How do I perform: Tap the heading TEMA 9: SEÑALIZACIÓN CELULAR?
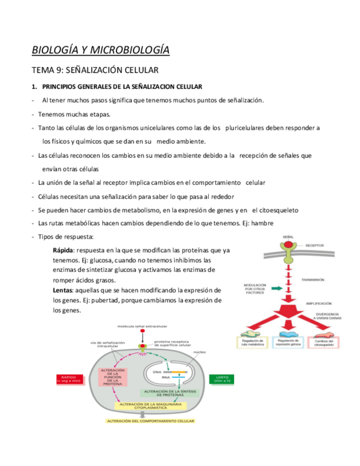[x=95, y=70]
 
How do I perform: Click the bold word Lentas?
[x=63, y=290]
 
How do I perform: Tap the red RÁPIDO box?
[x=68, y=380]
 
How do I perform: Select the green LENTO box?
[x=223, y=380]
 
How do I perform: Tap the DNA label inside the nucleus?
[x=157, y=372]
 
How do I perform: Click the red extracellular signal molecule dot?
[x=142, y=332]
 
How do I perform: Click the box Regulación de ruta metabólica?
[x=253, y=343]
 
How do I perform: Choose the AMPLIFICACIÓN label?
[x=318, y=302]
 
